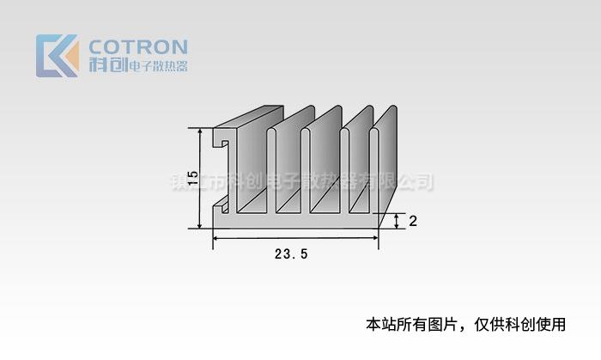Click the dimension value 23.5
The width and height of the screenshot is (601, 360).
pos(291,254)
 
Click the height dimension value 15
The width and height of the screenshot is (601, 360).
pos(192,179)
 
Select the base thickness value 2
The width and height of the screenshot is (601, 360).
pos(413,222)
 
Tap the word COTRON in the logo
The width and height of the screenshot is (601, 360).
pos(138,46)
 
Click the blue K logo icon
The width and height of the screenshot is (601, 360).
pos(57,56)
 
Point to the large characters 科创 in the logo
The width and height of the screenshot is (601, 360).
pos(107,65)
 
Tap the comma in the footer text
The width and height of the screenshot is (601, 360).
pos(464,327)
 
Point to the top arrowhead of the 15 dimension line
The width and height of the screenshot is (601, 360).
pos(200,132)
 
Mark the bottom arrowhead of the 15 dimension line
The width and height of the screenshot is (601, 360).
pos(200,224)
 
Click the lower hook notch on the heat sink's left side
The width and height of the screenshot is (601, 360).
pos(221,204)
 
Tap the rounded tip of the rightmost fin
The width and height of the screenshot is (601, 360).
pos(392,109)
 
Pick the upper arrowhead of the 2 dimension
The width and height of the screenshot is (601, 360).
pos(397,216)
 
